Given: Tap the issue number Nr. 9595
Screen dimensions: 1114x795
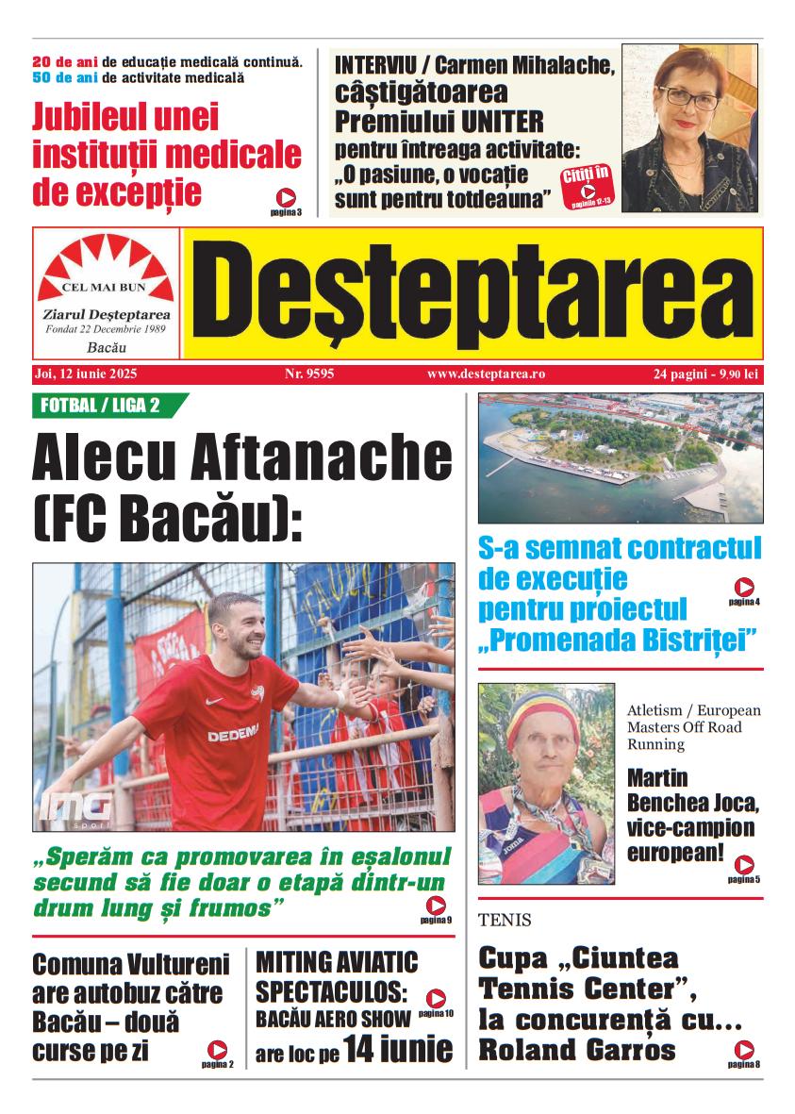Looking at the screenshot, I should point(309,374).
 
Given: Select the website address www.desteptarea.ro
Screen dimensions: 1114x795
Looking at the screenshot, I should point(486,374).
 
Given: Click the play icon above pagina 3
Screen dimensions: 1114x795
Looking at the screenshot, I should point(286,197).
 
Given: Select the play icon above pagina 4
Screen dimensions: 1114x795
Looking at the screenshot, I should point(744,587).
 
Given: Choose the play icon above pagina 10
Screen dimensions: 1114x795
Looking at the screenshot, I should point(436,998).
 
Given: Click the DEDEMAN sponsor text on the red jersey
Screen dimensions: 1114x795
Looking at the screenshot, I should point(233,734).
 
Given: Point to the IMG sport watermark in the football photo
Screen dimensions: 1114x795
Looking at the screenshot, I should point(75,806).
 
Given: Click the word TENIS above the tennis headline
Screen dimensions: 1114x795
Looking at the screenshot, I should point(505,921).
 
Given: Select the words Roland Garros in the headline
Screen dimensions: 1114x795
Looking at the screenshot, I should point(577,1050).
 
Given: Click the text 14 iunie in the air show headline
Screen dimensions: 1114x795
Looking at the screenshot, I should point(397,1049).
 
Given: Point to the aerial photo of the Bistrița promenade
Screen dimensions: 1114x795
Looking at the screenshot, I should point(620,457).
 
